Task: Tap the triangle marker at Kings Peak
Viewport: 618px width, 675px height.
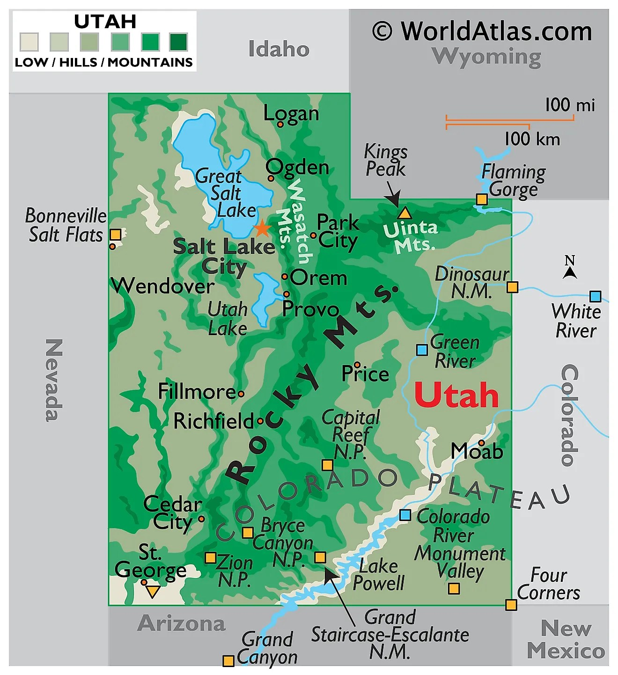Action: tap(405, 214)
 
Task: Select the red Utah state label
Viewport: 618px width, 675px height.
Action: tap(456, 396)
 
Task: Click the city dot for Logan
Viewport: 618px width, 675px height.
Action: tap(280, 125)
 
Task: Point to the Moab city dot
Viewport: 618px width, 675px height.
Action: tap(481, 443)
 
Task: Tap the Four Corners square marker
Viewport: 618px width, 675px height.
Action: tap(511, 605)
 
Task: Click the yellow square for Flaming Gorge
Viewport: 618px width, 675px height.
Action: tap(482, 199)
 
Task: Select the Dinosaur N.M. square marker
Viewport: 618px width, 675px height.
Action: tap(513, 287)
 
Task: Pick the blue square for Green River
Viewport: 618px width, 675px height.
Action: tap(422, 350)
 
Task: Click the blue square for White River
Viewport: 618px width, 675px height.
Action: tap(595, 296)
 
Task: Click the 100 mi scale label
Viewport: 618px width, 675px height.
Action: tap(570, 105)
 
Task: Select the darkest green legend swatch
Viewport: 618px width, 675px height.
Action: tap(178, 42)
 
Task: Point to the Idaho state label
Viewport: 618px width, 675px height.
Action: tap(279, 49)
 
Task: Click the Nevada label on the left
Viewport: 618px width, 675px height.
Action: tap(54, 380)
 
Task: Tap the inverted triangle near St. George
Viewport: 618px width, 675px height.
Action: tap(152, 592)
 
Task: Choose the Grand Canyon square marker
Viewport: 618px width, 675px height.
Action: tap(228, 661)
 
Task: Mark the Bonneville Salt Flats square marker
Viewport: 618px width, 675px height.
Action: tap(115, 235)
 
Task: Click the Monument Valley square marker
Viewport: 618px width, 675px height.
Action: tap(454, 588)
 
